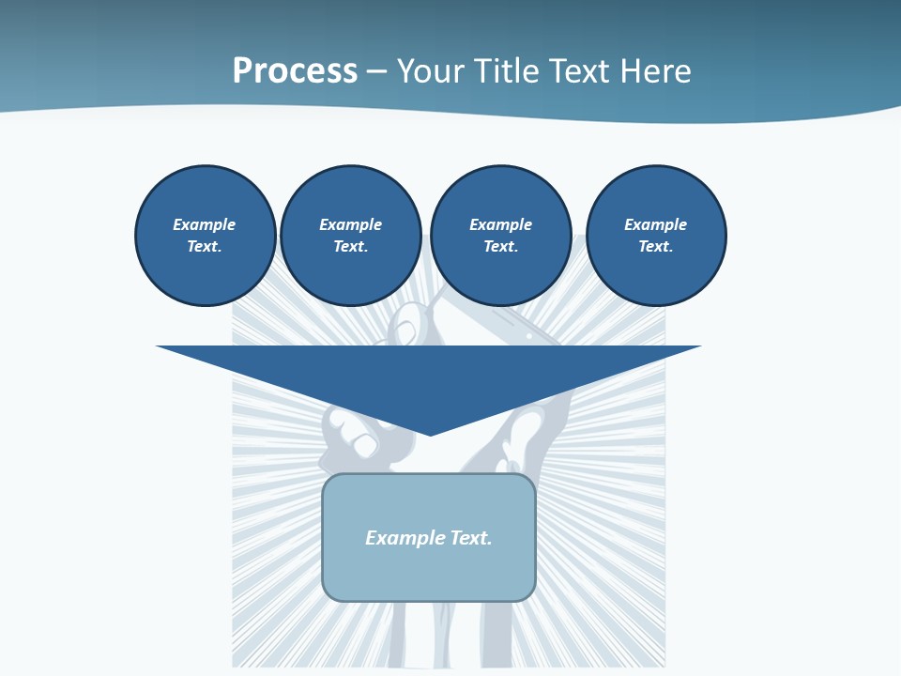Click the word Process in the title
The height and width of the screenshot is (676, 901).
295,71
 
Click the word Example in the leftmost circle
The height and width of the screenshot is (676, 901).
205,224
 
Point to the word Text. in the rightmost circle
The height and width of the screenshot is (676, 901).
656,246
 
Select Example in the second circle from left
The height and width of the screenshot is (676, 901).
350,224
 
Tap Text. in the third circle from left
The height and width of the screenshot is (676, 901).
500,246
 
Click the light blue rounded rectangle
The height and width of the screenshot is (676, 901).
429,573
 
